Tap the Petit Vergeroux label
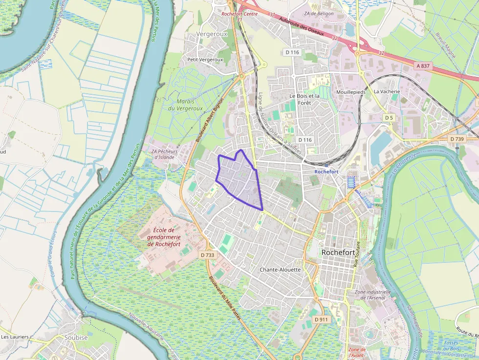click(x=205, y=60)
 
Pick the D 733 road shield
click(x=207, y=254)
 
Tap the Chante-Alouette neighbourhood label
click(x=280, y=270)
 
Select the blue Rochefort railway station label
click(x=326, y=171)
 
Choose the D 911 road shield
click(x=321, y=319)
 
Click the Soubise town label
click(x=76, y=338)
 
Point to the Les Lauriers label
click(x=15, y=337)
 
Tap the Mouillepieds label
click(x=351, y=92)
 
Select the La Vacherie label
click(x=387, y=91)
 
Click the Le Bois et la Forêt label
click(x=304, y=99)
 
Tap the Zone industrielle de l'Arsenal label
click(x=373, y=295)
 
